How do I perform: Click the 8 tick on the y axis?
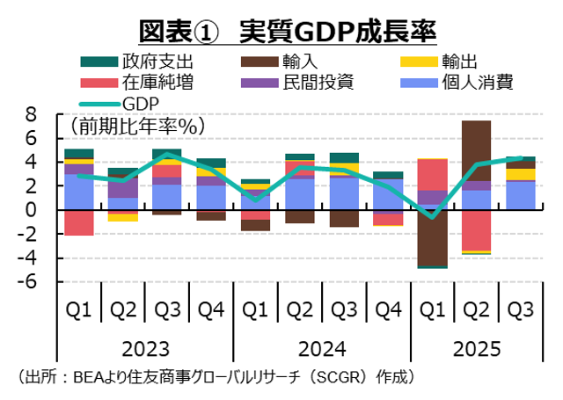pos(32,114)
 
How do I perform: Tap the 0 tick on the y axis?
pos(32,210)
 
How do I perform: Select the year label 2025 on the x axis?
pos(476,348)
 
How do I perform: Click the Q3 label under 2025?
pos(520,309)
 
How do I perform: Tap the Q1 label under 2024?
pos(254,309)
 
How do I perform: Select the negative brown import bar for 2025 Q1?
pos(432,237)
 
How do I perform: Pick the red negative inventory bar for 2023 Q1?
pos(79,222)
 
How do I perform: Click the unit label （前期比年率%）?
pos(133,126)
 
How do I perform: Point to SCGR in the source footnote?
pos(338,377)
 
